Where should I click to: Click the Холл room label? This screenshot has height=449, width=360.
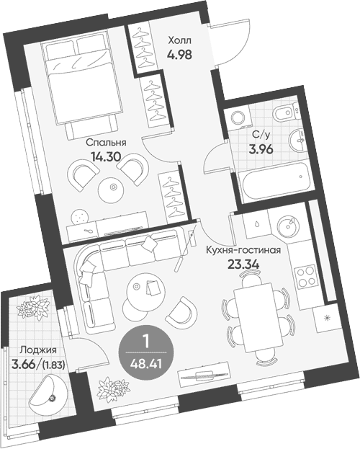[179, 40]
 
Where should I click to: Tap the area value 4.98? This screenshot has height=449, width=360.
[179, 54]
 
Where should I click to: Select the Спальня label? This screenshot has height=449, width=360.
[106, 143]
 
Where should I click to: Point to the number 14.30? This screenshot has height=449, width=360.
[106, 156]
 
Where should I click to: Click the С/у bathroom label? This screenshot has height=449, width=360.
[261, 135]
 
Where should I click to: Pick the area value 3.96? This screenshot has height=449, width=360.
[261, 149]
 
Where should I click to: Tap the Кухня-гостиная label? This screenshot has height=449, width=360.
[243, 250]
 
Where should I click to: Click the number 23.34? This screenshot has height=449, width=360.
[243, 264]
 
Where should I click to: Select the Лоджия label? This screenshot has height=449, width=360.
[38, 350]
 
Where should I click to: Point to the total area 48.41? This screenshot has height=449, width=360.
[146, 364]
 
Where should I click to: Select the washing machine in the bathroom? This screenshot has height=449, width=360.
[238, 117]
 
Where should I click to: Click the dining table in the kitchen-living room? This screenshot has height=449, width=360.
[258, 318]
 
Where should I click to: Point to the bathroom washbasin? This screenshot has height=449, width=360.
[296, 141]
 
